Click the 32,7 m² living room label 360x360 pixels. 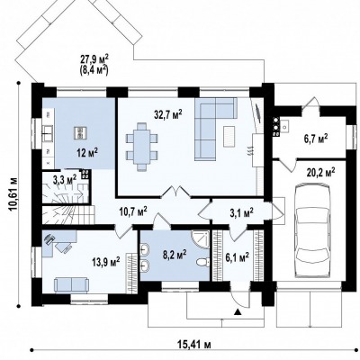168,115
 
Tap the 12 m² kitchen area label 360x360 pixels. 86,152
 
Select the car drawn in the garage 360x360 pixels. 313,230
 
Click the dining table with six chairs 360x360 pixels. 142,147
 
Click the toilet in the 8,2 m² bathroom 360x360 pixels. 203,263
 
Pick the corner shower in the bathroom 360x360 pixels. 201,239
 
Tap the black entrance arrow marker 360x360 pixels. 238,312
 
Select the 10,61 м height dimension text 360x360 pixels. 13,194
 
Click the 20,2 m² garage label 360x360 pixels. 320,173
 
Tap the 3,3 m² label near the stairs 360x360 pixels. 65,180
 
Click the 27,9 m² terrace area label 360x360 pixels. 94,58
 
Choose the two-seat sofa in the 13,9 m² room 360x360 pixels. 71,285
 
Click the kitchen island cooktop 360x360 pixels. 80,132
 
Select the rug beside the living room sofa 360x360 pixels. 229,137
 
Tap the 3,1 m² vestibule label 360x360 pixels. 241,212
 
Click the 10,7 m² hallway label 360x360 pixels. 133,212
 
